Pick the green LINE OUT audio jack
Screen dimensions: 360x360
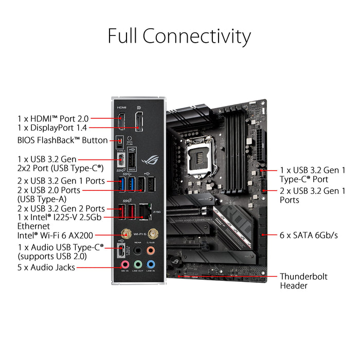137,263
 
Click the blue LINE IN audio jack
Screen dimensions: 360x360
150,263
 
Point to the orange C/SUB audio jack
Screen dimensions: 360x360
150,249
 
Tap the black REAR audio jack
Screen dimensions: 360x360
137,249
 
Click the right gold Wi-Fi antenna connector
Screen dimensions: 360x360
151,234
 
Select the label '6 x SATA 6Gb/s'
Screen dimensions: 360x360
309,235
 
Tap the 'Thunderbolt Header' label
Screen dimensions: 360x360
303,281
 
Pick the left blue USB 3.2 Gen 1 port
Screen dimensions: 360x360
121,186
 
